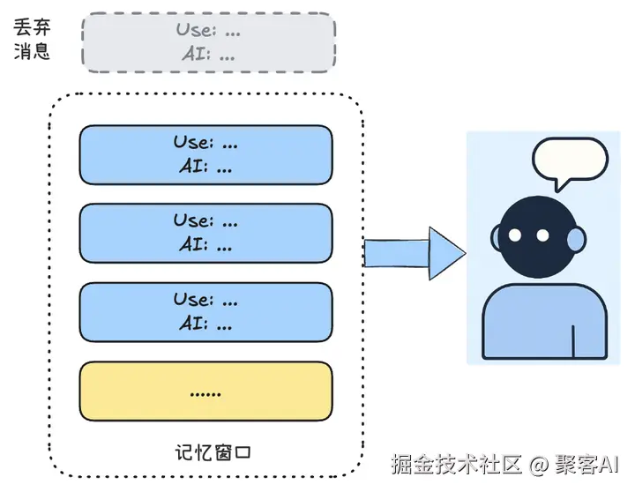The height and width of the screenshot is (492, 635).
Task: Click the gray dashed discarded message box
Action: click(x=208, y=41)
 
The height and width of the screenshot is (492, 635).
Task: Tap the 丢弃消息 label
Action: click(x=33, y=40)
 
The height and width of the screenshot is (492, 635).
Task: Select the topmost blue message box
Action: click(x=205, y=154)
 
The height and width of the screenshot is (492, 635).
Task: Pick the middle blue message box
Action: click(x=205, y=233)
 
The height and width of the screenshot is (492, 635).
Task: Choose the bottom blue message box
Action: click(x=205, y=311)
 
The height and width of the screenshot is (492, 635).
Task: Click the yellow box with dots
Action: click(x=205, y=391)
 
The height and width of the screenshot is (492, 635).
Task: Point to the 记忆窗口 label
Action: click(x=214, y=453)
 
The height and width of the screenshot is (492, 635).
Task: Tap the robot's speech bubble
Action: click(x=571, y=162)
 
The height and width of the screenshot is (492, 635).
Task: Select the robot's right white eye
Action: click(x=542, y=235)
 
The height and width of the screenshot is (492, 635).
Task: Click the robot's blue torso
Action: click(x=545, y=323)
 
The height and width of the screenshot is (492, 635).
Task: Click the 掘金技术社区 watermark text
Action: click(x=456, y=463)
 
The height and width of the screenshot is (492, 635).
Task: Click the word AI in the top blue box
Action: click(x=191, y=167)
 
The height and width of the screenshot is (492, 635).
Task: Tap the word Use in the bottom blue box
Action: click(x=192, y=300)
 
